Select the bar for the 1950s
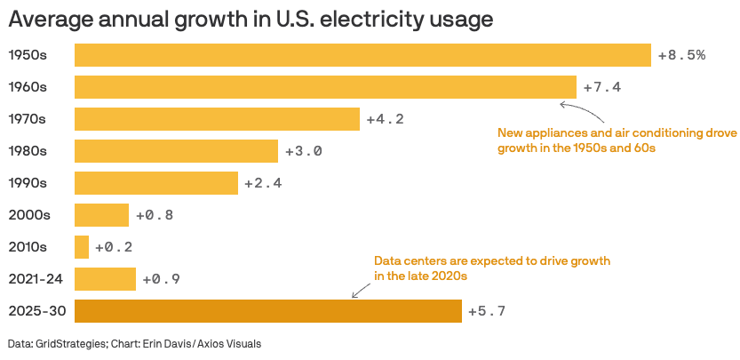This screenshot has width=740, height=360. pyautogui.click(x=362, y=55)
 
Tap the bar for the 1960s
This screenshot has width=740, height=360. pyautogui.click(x=325, y=87)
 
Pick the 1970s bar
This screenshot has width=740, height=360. pyautogui.click(x=217, y=119)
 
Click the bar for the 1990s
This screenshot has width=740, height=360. pyautogui.click(x=156, y=183)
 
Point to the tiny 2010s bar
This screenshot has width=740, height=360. pyautogui.click(x=82, y=247)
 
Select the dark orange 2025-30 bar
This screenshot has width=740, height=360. pyautogui.click(x=268, y=311)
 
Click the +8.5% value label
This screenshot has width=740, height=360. pyautogui.click(x=681, y=55)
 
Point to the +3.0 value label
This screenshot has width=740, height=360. pyautogui.click(x=303, y=151)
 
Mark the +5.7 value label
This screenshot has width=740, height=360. pyautogui.click(x=487, y=311)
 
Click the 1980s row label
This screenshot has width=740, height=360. pyautogui.click(x=27, y=151)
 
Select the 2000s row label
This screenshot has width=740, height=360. pyautogui.click(x=27, y=215)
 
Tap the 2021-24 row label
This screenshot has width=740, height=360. pyautogui.click(x=34, y=279)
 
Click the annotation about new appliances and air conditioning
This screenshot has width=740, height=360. pyautogui.click(x=617, y=140)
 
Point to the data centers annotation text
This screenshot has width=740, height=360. pyautogui.click(x=492, y=268)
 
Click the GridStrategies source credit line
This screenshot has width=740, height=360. pyautogui.click(x=134, y=344)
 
